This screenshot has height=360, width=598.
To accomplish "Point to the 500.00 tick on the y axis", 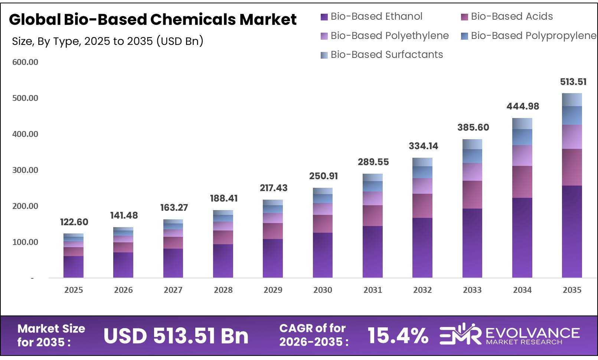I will pyautogui.click(x=25, y=98).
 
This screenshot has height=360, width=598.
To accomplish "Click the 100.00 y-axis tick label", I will pyautogui.click(x=25, y=242).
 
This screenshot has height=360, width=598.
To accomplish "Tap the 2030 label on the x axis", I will pyautogui.click(x=323, y=290).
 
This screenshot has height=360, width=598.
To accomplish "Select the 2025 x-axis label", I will pyautogui.click(x=73, y=290).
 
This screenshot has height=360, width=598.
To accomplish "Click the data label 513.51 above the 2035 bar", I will pyautogui.click(x=573, y=82).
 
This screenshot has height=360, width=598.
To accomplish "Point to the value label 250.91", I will pyautogui.click(x=323, y=176).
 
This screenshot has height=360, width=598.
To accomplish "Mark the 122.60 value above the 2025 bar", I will pyautogui.click(x=74, y=222).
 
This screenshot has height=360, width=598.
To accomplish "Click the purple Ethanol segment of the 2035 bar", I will pyautogui.click(x=572, y=232).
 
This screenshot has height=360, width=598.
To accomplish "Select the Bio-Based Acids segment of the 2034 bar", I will pyautogui.click(x=522, y=182).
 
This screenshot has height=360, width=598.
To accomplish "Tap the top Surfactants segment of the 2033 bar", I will pyautogui.click(x=472, y=144).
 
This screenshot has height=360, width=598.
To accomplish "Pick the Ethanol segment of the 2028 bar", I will pyautogui.click(x=223, y=261).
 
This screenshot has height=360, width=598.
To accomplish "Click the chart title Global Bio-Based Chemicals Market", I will pyautogui.click(x=153, y=19).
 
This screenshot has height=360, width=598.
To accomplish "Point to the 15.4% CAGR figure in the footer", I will pyautogui.click(x=398, y=336).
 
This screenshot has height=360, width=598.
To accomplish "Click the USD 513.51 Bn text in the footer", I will pyautogui.click(x=176, y=336).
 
